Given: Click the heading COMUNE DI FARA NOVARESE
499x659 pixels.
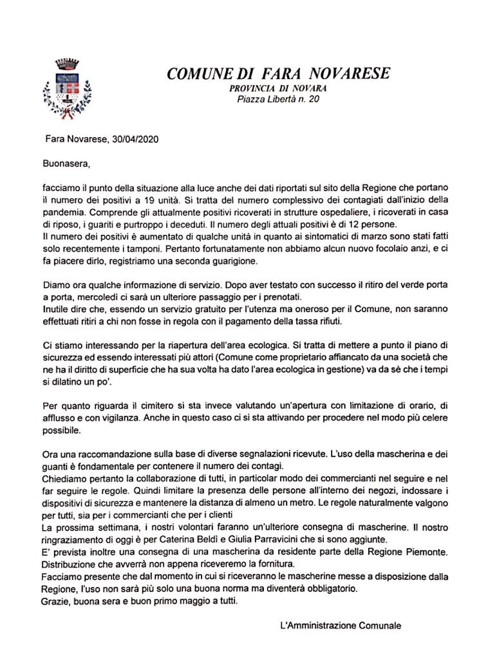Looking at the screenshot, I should coord(278,73).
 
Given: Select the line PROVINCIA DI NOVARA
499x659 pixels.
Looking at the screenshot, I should coord(278,88).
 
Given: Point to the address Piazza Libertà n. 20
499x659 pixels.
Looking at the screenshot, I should coord(278,99).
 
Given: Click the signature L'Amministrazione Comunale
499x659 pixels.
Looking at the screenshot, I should coord(341,625).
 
